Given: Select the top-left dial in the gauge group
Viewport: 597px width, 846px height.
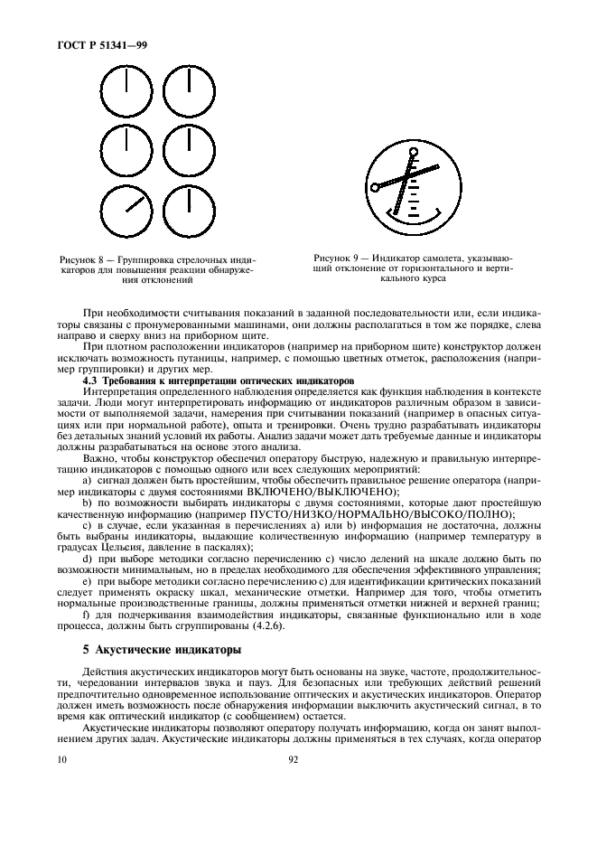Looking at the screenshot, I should [127, 94].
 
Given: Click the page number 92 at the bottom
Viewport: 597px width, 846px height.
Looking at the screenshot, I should [294, 759].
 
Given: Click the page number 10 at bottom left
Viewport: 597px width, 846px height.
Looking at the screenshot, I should [61, 759].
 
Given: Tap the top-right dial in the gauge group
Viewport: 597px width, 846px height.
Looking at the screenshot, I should [189, 94].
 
